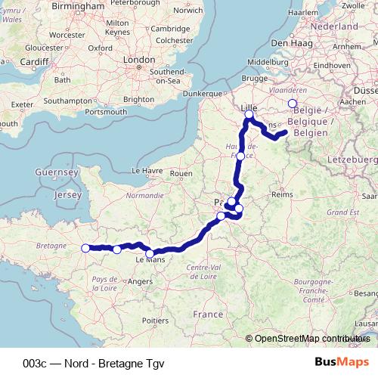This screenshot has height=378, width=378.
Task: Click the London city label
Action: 138,59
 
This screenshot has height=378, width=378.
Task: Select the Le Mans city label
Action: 150,260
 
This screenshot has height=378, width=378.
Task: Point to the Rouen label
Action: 182,173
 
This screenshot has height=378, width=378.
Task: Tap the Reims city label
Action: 281,194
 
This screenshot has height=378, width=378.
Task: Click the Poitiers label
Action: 155,320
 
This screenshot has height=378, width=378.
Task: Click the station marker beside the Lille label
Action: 249,115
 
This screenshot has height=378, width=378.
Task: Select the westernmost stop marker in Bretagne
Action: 85,248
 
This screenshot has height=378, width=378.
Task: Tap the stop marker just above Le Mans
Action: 150,253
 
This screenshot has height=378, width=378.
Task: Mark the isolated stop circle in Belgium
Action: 293,104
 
